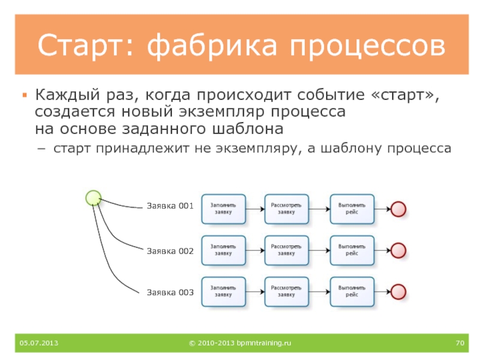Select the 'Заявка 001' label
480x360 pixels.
(x=170, y=206)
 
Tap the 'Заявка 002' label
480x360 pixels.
(x=170, y=251)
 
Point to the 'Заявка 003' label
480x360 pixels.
(x=170, y=293)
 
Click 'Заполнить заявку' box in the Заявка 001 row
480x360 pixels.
(x=223, y=209)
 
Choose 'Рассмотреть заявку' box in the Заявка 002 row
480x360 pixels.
(x=286, y=250)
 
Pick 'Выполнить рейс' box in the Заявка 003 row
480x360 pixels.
(x=352, y=292)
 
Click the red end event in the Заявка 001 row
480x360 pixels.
(x=398, y=209)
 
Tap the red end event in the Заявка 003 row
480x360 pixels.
(x=398, y=292)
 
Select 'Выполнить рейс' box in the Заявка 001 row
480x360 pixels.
(x=352, y=209)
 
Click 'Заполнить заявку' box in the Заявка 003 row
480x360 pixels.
(x=223, y=292)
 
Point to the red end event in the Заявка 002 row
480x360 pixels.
(x=398, y=250)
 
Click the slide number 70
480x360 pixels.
(x=460, y=343)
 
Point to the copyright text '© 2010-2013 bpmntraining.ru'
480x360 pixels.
(x=239, y=343)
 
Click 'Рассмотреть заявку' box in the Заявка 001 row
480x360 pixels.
(x=286, y=209)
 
